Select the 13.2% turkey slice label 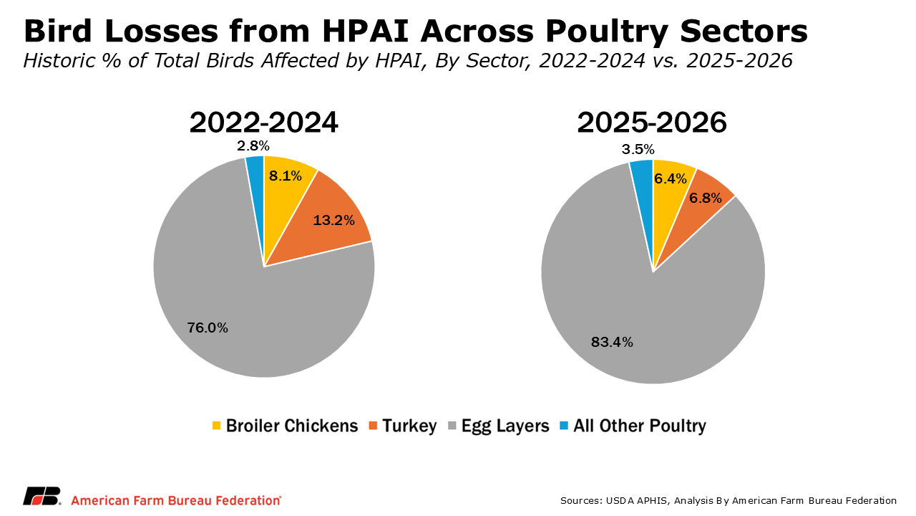(x=333, y=220)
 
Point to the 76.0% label (x=208, y=328)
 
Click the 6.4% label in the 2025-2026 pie (x=671, y=178)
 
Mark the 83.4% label (x=612, y=342)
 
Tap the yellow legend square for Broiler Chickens (x=217, y=426)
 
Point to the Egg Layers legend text (x=505, y=426)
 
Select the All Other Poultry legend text (x=639, y=426)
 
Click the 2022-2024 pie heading (x=263, y=123)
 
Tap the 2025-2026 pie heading (x=652, y=123)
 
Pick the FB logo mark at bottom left (x=42, y=496)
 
